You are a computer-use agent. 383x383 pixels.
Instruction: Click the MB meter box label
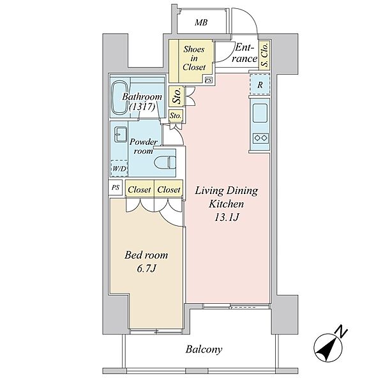(201, 23)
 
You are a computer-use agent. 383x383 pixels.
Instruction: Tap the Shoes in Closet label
(194, 58)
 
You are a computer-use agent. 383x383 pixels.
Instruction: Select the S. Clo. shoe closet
(264, 55)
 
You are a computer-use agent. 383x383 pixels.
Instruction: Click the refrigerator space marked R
(260, 85)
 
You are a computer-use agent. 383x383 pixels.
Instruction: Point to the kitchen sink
(260, 113)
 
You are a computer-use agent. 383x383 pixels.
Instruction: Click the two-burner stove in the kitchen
(260, 139)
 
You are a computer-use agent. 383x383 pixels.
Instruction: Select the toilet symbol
(165, 162)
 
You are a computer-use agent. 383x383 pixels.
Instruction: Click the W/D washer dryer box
(119, 169)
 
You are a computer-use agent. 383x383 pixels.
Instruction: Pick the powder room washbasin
(121, 134)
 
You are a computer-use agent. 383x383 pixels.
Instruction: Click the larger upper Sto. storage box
(177, 96)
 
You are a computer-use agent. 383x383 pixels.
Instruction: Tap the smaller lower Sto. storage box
(176, 116)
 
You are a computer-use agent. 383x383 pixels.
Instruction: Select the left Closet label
(139, 190)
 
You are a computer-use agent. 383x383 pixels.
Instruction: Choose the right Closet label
(169, 190)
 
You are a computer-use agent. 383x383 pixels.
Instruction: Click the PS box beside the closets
(116, 187)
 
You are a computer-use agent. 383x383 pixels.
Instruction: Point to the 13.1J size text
(226, 217)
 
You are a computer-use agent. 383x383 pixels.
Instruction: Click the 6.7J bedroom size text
(146, 269)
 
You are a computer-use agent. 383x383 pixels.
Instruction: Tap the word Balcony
(204, 349)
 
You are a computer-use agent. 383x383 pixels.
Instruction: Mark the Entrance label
(246, 53)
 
